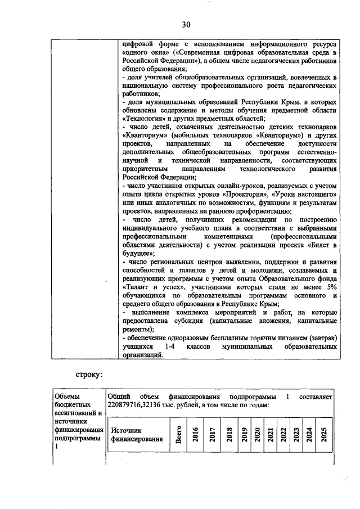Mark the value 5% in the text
(x=331, y=286)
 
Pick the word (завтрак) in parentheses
(x=318, y=338)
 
